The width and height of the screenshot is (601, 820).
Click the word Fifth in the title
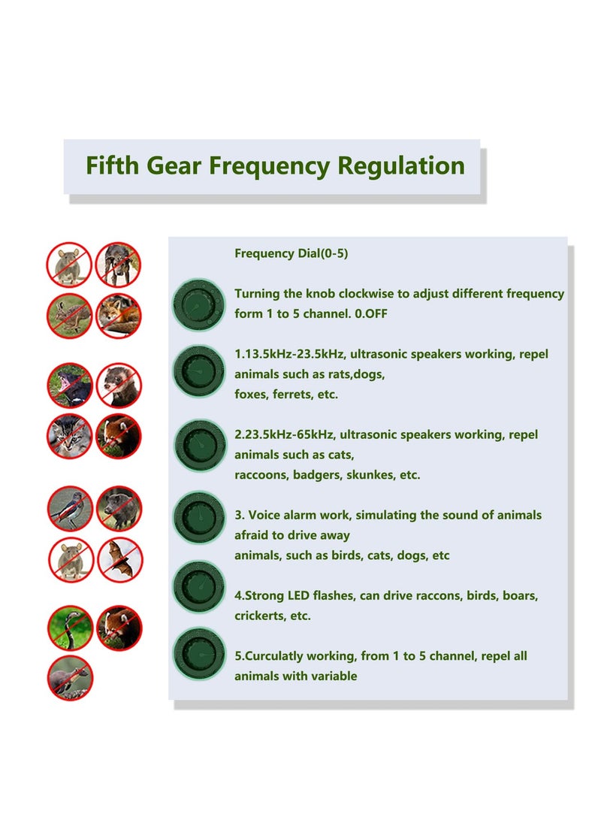(x=112, y=165)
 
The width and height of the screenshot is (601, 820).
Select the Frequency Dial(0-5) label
(x=291, y=253)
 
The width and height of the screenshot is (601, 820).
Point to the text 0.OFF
(x=372, y=313)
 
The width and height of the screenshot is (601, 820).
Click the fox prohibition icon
(x=119, y=316)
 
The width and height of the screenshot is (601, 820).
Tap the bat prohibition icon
(x=120, y=559)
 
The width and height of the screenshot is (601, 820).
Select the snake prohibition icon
(x=70, y=628)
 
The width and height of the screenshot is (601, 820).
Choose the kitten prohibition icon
(x=70, y=436)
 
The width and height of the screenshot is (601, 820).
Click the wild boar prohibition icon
(x=119, y=508)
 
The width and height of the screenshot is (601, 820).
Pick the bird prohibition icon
(x=70, y=508)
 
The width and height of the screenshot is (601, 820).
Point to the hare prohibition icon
(x=69, y=316)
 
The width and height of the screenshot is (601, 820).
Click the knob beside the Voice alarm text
(x=199, y=517)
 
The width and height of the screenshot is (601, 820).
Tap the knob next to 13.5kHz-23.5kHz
(x=199, y=371)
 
